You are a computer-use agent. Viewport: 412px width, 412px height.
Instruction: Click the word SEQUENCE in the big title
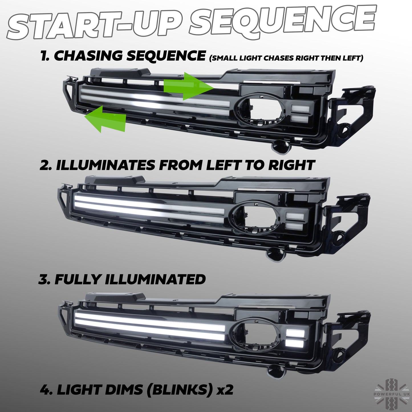point(283,21)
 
